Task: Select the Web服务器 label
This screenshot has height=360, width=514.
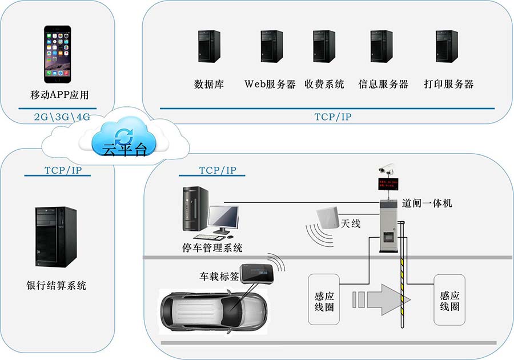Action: [270, 84]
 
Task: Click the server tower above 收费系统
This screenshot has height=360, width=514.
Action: [324, 46]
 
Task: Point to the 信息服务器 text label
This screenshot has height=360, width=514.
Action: [383, 84]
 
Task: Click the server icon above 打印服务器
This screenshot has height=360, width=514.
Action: [447, 46]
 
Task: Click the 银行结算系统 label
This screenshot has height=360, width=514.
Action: [57, 285]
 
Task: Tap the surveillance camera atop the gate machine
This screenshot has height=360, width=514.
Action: [387, 169]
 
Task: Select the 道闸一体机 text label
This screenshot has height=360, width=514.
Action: [427, 203]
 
